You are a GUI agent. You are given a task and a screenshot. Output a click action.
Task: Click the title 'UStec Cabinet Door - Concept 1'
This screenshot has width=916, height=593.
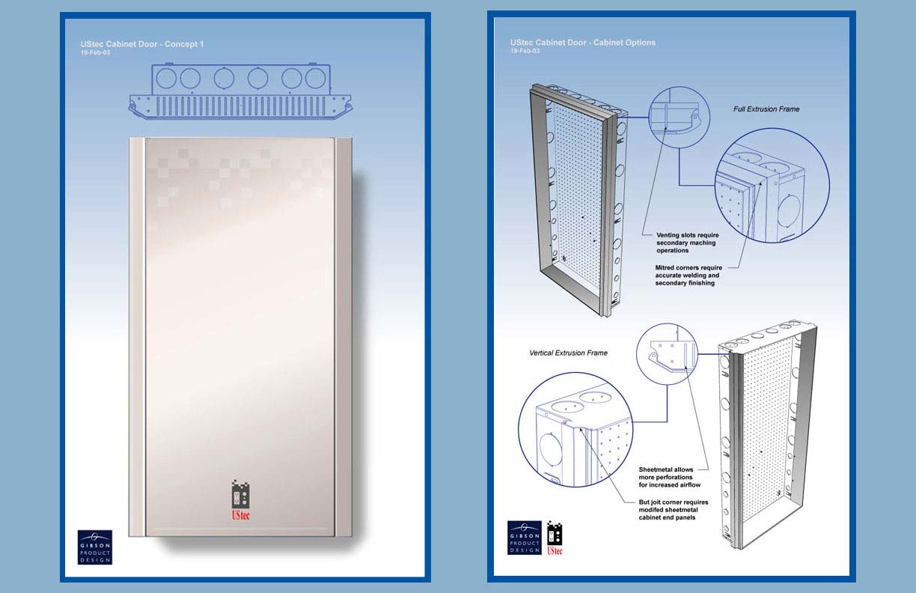[142, 44]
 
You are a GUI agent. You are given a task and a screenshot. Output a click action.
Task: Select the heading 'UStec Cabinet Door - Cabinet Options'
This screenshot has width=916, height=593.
[583, 43]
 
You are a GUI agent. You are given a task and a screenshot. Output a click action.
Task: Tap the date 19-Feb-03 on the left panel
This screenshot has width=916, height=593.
[95, 53]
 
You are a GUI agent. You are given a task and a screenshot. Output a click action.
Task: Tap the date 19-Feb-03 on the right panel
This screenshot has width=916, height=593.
[525, 51]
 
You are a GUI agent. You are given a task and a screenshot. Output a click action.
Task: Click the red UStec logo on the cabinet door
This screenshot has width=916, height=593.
[240, 500]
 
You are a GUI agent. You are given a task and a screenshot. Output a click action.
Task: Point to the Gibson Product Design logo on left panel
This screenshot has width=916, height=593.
[95, 547]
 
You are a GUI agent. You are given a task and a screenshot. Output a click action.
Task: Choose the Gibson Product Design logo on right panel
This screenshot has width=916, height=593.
[525, 538]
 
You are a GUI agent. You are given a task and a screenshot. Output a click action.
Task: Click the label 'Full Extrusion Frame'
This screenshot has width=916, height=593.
[766, 109]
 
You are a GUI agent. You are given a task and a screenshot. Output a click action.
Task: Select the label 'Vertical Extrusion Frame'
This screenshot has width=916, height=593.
[569, 353]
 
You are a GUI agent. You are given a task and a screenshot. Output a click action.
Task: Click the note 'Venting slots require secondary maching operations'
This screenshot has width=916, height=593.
[688, 243]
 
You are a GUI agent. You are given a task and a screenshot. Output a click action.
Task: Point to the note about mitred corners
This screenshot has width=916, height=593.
[688, 276]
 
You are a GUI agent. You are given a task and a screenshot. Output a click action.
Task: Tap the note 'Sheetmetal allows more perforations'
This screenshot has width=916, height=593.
[670, 477]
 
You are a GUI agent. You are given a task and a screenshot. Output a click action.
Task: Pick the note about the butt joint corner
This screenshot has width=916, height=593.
[674, 510]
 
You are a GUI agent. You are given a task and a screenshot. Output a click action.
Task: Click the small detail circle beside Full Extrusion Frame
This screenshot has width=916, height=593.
[650, 118]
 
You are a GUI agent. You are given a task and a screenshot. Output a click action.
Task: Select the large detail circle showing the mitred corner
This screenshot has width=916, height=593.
[715, 186]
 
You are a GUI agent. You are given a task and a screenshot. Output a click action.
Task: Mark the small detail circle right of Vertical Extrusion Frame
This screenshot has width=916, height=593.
[637, 354]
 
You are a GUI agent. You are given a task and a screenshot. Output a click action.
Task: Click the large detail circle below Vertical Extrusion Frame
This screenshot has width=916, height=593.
[519, 430]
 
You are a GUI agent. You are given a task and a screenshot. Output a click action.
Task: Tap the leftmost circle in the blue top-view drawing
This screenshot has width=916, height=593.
[166, 78]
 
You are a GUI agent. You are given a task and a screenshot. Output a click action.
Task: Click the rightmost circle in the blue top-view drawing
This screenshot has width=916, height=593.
[316, 78]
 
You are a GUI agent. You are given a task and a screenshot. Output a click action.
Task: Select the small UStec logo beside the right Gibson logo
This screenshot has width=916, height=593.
[555, 538]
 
